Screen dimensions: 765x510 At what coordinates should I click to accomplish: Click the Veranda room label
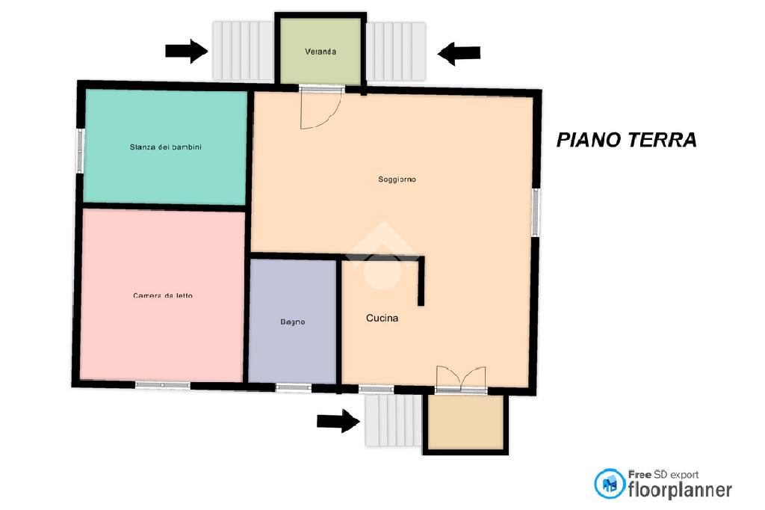[320, 52]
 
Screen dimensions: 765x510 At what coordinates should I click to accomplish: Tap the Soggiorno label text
[397, 179]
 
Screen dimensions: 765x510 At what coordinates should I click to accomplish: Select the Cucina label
[382, 318]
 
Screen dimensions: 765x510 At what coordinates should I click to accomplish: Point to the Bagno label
[293, 322]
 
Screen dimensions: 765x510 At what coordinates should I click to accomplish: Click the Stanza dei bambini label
[165, 147]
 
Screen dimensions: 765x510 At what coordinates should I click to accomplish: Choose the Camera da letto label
[163, 295]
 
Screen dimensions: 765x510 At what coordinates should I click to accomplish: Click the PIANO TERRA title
[627, 140]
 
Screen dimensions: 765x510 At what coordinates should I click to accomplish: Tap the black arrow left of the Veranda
[186, 51]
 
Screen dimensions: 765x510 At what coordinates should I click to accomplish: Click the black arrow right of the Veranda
[459, 53]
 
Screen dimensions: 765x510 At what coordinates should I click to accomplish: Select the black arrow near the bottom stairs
[338, 421]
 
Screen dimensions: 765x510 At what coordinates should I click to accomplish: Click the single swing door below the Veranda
[320, 108]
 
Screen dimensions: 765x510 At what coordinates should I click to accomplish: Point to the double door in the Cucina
[461, 378]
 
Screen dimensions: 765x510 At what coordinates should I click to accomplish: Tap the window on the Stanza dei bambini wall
[80, 150]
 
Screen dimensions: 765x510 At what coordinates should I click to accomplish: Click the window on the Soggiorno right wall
[536, 212]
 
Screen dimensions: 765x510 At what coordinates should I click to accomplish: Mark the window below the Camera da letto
[162, 385]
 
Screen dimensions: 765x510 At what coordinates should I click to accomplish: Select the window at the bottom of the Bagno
[294, 387]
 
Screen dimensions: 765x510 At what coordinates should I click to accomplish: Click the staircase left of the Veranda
[243, 50]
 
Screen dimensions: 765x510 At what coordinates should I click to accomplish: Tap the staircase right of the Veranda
[396, 52]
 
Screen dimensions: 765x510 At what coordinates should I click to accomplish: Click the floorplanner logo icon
[610, 484]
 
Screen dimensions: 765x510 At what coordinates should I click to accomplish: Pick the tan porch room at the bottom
[465, 422]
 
